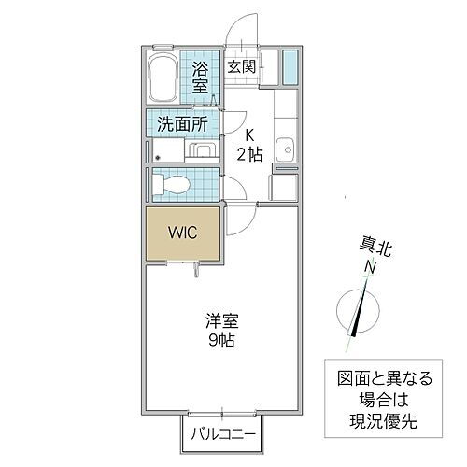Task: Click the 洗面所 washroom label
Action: point(182,122)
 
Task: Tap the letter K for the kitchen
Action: point(249,134)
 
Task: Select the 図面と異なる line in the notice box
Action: point(386,379)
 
